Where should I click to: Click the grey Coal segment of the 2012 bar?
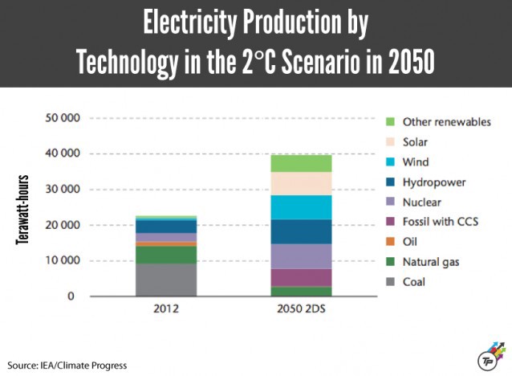point(166,280)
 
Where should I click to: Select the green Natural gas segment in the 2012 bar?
point(166,255)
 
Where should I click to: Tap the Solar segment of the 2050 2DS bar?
point(301,183)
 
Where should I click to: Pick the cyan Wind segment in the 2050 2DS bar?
point(301,206)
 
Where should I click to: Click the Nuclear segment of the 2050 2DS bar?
point(301,256)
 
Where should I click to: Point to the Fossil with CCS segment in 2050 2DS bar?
point(301,277)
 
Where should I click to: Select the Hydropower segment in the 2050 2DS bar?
point(301,231)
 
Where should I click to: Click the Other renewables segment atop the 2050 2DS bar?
point(301,163)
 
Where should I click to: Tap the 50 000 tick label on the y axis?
point(61,118)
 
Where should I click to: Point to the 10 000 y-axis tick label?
point(61,261)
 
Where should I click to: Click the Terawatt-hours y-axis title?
point(23,209)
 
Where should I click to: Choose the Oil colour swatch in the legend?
point(391,242)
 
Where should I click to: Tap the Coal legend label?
point(414,282)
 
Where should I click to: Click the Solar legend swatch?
point(391,142)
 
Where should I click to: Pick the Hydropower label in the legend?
point(434,182)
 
